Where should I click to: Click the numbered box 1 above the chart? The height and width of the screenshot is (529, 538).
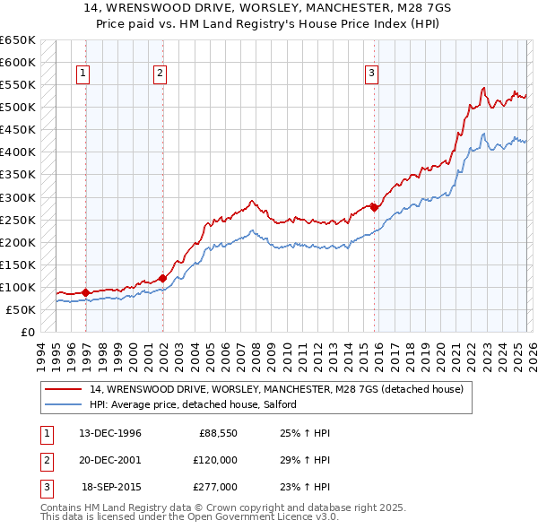82,74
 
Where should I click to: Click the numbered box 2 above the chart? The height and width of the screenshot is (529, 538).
160,74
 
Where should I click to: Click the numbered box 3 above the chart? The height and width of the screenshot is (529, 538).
370,74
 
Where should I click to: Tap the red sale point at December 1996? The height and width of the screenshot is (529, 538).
86,291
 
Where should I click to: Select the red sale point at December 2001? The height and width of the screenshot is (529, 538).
163,277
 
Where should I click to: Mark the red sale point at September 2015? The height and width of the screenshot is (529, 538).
373,207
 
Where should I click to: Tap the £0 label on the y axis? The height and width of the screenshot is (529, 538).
27,332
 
